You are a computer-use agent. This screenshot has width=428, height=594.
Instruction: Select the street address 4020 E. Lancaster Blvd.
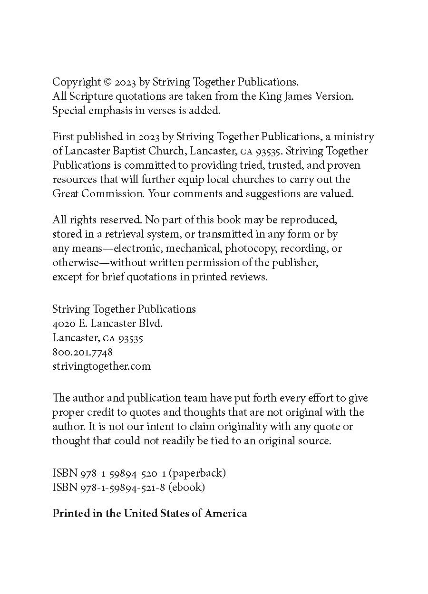click(107, 323)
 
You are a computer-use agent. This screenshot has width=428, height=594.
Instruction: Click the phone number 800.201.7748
click(82, 352)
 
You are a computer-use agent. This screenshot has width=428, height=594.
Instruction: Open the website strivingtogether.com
click(101, 366)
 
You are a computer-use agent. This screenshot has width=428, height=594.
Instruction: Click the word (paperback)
click(197, 473)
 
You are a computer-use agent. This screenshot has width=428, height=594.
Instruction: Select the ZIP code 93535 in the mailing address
click(131, 338)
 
